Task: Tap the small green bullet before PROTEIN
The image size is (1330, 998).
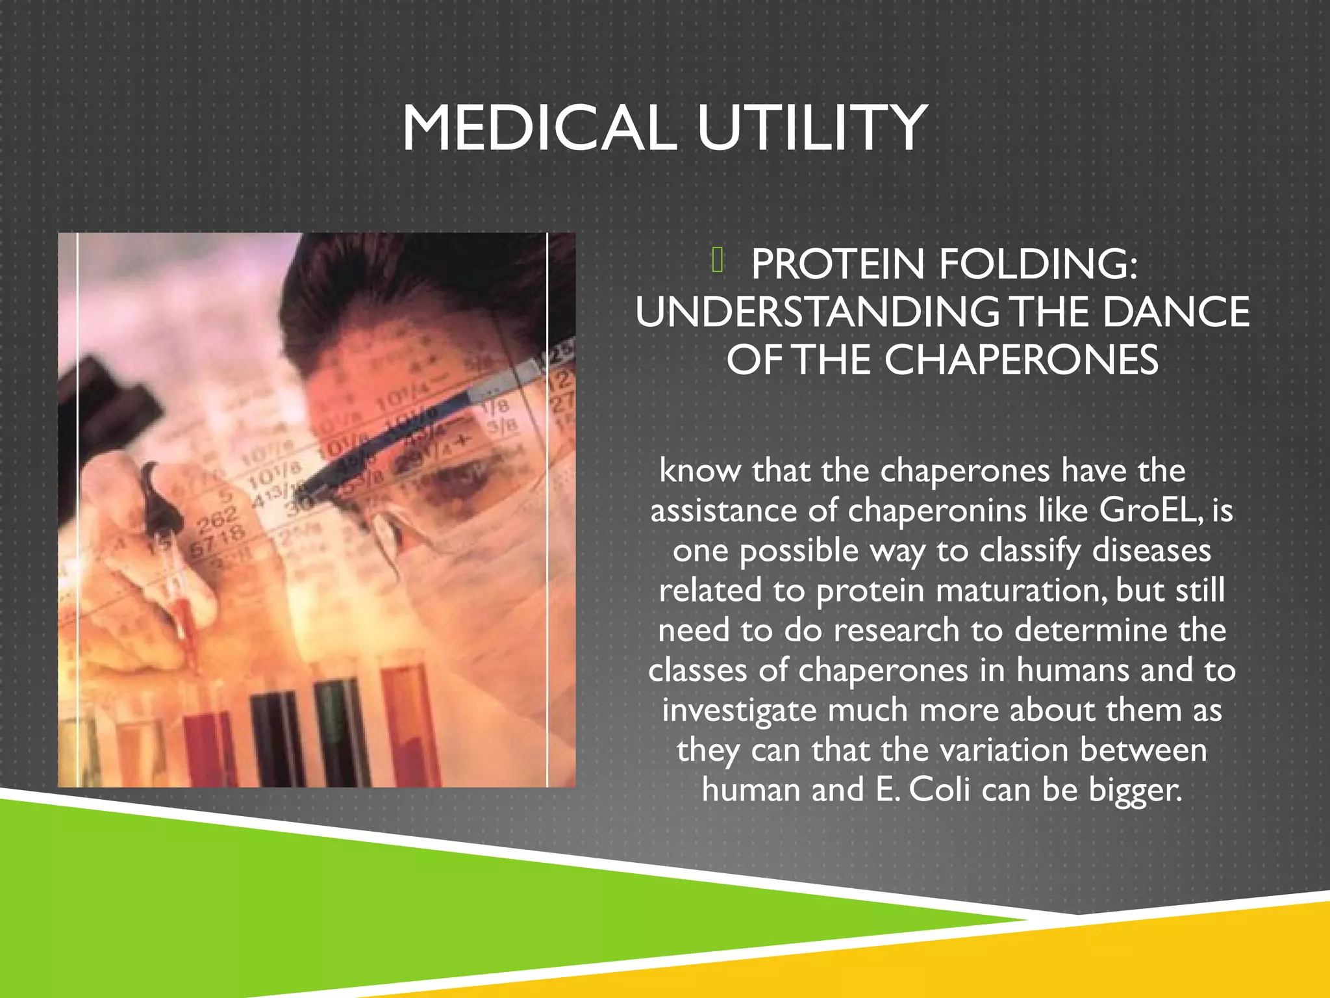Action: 717,261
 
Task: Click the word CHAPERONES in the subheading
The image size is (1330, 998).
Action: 1021,360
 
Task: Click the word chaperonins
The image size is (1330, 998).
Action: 937,510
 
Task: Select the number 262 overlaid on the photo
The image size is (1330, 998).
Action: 217,519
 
